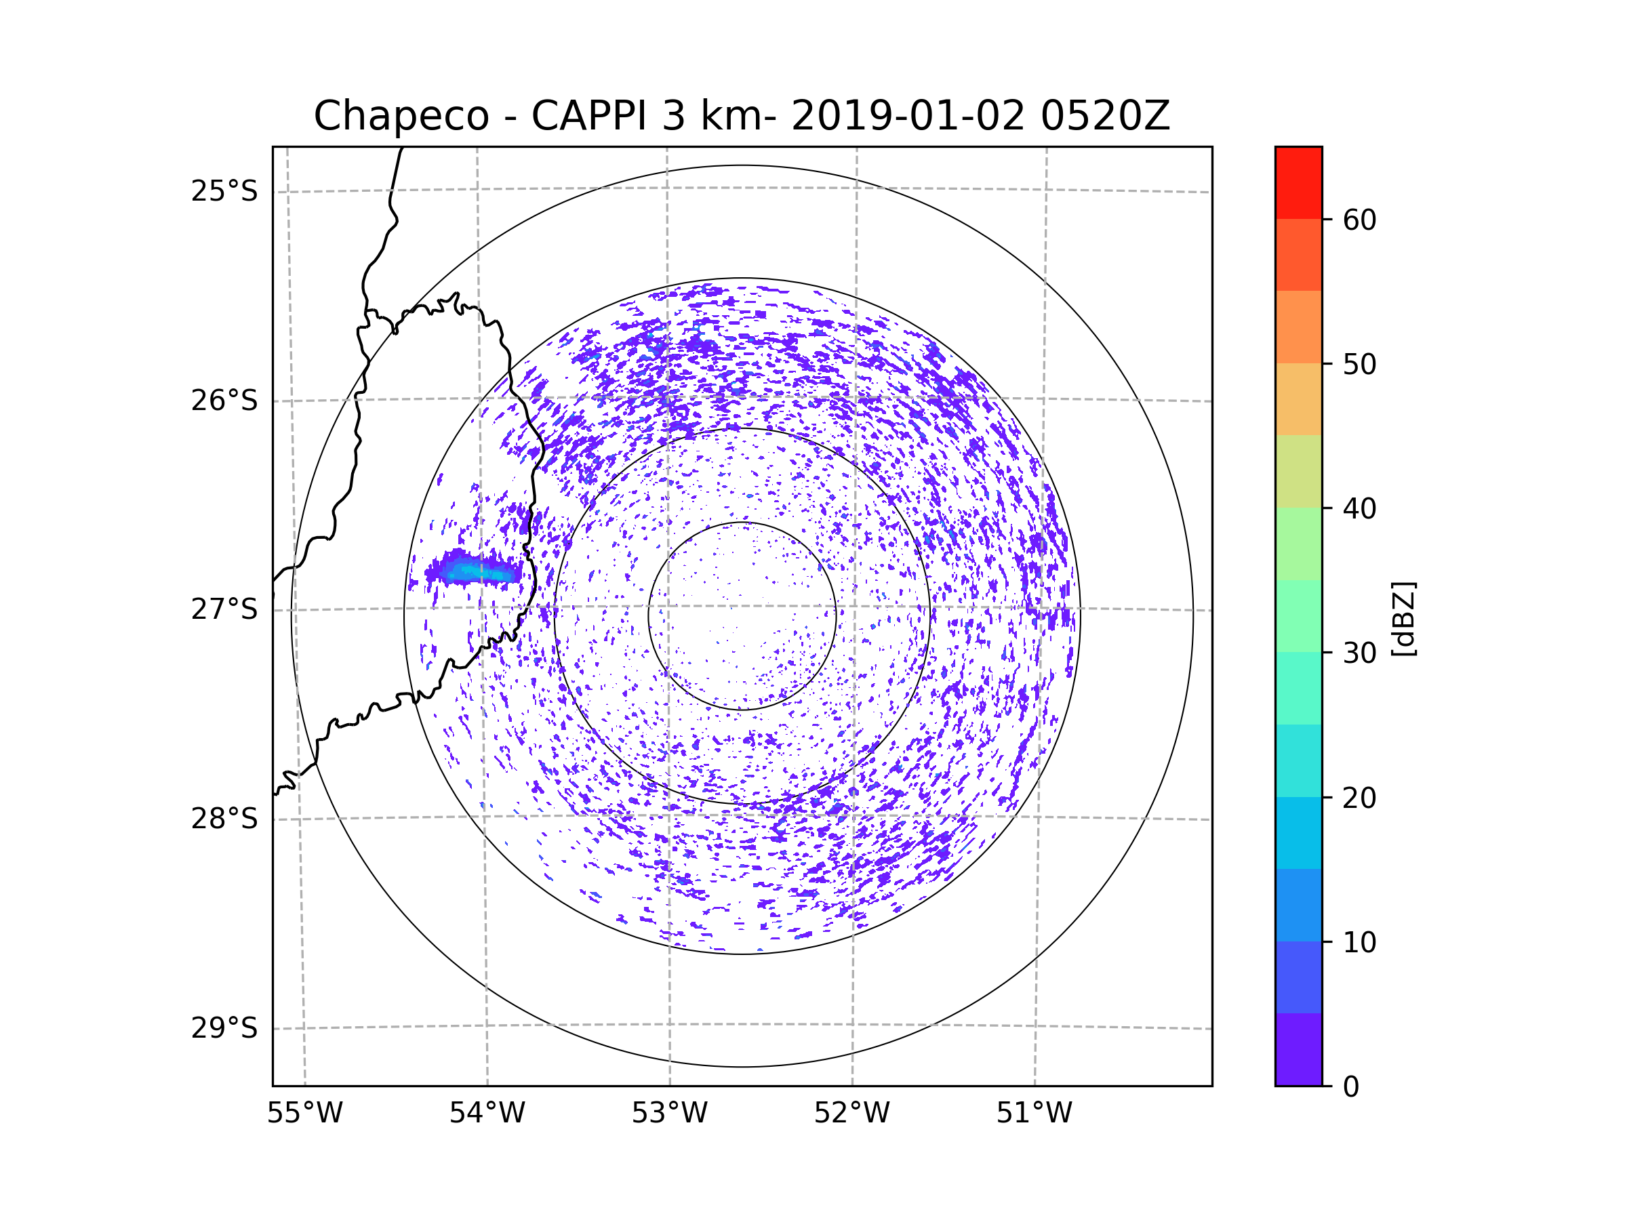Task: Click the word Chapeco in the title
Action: click(401, 116)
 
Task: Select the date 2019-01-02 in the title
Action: click(908, 116)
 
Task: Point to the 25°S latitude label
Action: click(224, 191)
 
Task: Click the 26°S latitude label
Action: click(224, 401)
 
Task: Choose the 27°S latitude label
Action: click(224, 609)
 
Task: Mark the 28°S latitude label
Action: click(224, 819)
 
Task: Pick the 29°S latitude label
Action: click(224, 1028)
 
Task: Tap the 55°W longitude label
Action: click(304, 1114)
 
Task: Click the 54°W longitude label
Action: click(487, 1114)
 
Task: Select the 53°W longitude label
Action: click(669, 1114)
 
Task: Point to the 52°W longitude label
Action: click(851, 1114)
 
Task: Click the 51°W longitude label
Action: click(1034, 1114)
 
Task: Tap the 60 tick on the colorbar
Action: click(1359, 220)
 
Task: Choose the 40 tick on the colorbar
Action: click(1359, 509)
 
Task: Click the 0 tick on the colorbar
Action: click(1350, 1087)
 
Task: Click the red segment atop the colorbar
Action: click(1298, 182)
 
